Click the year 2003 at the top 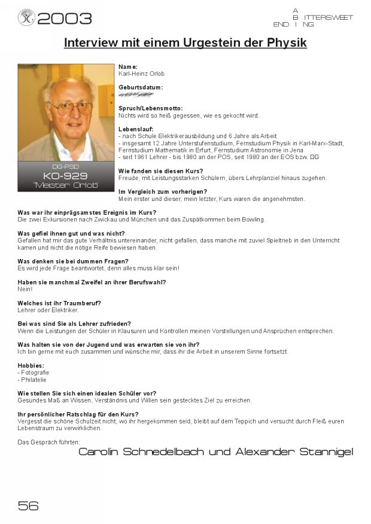(65, 19)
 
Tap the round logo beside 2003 (26, 18)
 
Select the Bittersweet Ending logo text (312, 18)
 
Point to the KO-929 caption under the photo (66, 176)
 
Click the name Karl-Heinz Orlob (141, 74)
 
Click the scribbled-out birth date (135, 95)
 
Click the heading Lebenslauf (136, 129)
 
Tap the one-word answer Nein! (25, 289)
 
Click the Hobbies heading (31, 365)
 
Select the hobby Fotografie (35, 372)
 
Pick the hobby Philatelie (34, 379)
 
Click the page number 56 (29, 505)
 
